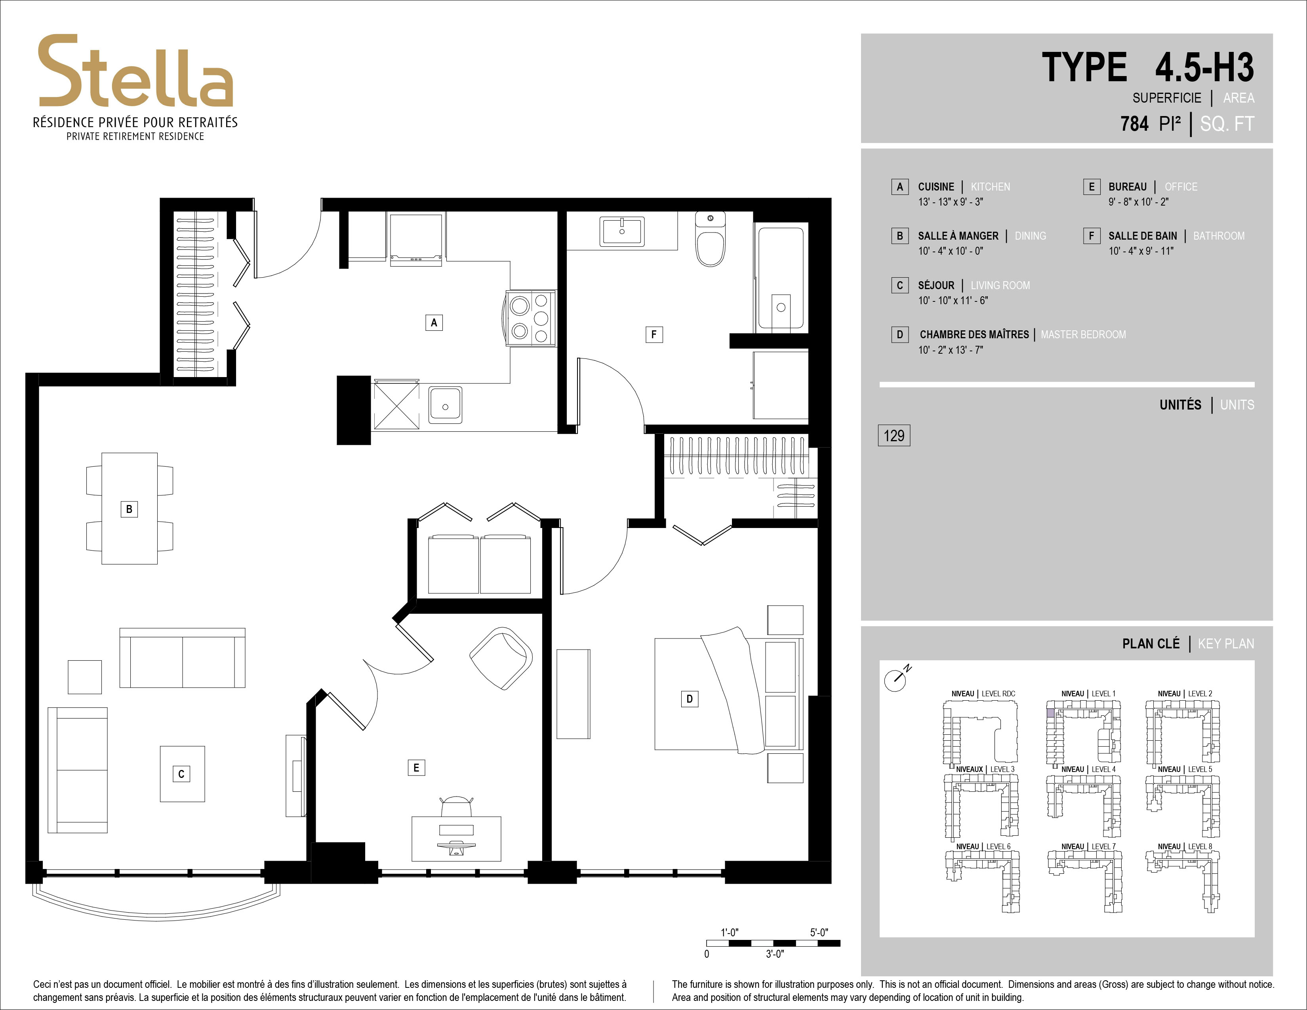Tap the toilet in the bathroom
[711, 239]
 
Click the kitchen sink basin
[445, 404]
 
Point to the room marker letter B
[129, 509]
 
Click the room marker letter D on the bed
[690, 698]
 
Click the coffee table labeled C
[182, 774]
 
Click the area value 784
[1135, 124]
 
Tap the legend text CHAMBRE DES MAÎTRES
[974, 334]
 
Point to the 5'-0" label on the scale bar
[819, 932]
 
